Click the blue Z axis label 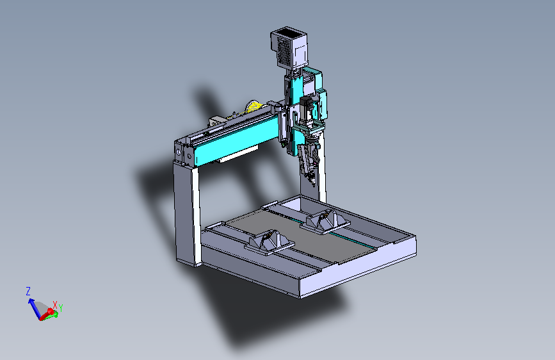pyautogui.click(x=28, y=291)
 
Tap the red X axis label pyautogui.click(x=55, y=305)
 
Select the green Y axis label pyautogui.click(x=61, y=308)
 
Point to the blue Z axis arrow pyautogui.click(x=35, y=309)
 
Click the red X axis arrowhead pyautogui.click(x=51, y=312)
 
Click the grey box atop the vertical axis pyautogui.click(x=289, y=47)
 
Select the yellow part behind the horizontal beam pyautogui.click(x=254, y=106)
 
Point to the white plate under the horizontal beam pyautogui.click(x=239, y=154)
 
